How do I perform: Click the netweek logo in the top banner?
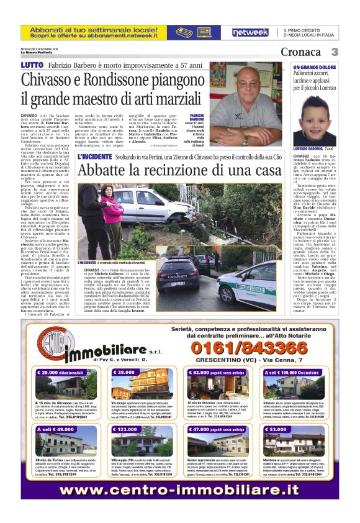click(x=250, y=32)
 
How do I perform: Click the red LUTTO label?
click(x=32, y=65)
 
